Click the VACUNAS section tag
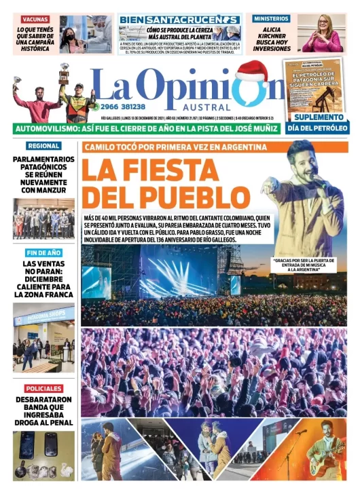(35, 20)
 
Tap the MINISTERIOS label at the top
(271, 19)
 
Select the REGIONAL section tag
(43, 145)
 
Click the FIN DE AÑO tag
(43, 252)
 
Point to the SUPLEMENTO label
(317, 117)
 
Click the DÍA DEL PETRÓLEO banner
(317, 128)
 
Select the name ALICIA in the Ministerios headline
(271, 31)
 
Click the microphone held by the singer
(313, 178)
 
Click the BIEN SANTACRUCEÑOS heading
(179, 20)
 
